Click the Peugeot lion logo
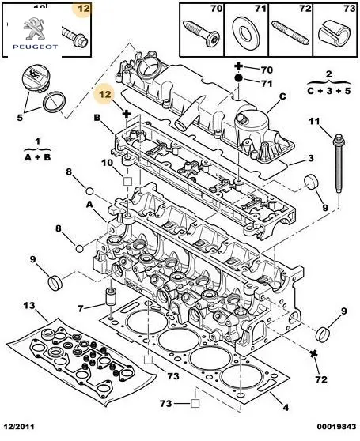pos(35,28)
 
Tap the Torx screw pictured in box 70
pos(201,33)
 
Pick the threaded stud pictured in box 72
pos(290,32)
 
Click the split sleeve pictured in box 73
pos(335,33)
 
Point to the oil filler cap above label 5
pos(36,78)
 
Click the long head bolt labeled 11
pos(338,164)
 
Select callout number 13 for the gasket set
pos(29,305)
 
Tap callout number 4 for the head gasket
pos(286,407)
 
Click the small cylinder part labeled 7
pos(111,296)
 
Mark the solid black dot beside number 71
pos(238,78)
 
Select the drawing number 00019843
pos(336,427)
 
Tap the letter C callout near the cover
pos(282,96)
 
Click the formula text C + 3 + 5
pos(329,91)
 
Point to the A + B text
pos(37,157)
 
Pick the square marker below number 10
pos(128,181)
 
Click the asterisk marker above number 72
pos(313,353)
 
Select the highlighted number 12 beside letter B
pos(105,94)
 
